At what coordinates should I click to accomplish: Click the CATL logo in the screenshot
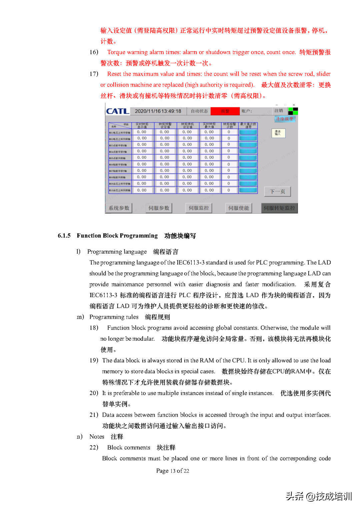pyautogui.click(x=117, y=111)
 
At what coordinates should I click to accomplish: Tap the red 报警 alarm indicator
pyautogui.click(x=225, y=111)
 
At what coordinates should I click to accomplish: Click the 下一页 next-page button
pyautogui.click(x=278, y=191)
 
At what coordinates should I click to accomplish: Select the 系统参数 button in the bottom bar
pyautogui.click(x=119, y=208)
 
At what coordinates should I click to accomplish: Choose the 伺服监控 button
pyautogui.click(x=199, y=208)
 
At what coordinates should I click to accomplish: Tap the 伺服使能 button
pyautogui.click(x=239, y=208)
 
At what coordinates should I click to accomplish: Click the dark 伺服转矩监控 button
pyautogui.click(x=279, y=208)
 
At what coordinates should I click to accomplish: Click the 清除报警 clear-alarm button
pyautogui.click(x=285, y=119)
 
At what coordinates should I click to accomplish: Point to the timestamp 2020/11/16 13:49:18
pyautogui.click(x=158, y=111)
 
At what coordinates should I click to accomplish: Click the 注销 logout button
pyautogui.click(x=279, y=111)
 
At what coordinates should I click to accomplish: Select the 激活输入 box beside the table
pyautogui.click(x=278, y=133)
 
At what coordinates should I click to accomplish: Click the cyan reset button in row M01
pyautogui.click(x=248, y=132)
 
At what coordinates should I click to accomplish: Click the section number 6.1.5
pyautogui.click(x=64, y=236)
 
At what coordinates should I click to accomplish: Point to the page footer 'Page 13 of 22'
pyautogui.click(x=173, y=471)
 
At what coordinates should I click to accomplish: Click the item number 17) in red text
pyautogui.click(x=94, y=74)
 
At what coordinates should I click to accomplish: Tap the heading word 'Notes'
pyautogui.click(x=97, y=437)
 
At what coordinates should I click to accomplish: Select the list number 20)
pyautogui.click(x=94, y=393)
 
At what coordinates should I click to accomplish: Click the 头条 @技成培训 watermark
pyautogui.click(x=319, y=496)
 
